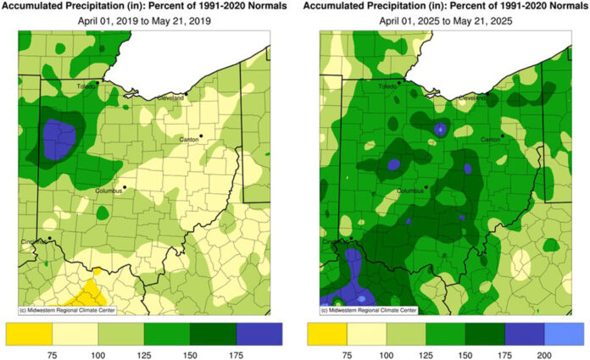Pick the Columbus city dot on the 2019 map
[124, 186]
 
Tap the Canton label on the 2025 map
[491, 139]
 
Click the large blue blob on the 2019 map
[58, 137]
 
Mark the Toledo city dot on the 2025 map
[400, 81]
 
